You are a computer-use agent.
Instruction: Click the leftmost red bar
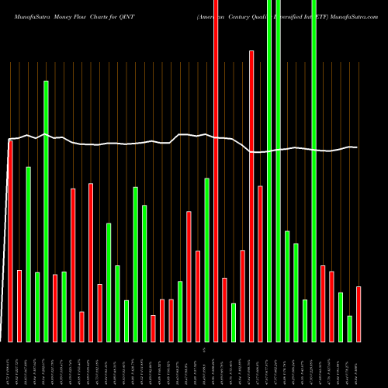pos(10,241)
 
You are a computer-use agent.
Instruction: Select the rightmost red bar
pos(359,314)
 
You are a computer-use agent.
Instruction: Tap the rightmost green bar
pos(350,328)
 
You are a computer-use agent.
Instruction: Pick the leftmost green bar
pos(28,254)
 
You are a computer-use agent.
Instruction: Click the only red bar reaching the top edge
pos(216,171)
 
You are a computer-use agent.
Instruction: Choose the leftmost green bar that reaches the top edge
pos(269,171)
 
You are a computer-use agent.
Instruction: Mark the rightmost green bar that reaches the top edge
pos(314,171)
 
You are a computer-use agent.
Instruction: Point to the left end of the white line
pos(8,140)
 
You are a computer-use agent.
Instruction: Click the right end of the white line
pos(357,147)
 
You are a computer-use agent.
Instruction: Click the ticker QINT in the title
pos(149,8)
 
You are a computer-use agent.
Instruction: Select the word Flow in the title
pos(96,8)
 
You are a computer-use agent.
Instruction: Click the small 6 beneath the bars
pos(204,351)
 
